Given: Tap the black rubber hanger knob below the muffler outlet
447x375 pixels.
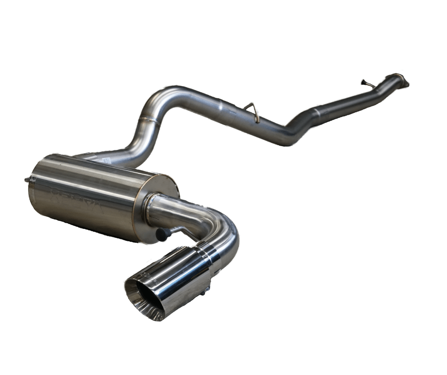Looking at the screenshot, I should (162, 234).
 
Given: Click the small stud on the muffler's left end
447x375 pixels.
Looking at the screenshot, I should (28, 179).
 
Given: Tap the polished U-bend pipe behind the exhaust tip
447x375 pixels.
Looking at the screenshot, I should (223, 228).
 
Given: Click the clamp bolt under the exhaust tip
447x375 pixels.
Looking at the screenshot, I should (207, 289).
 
